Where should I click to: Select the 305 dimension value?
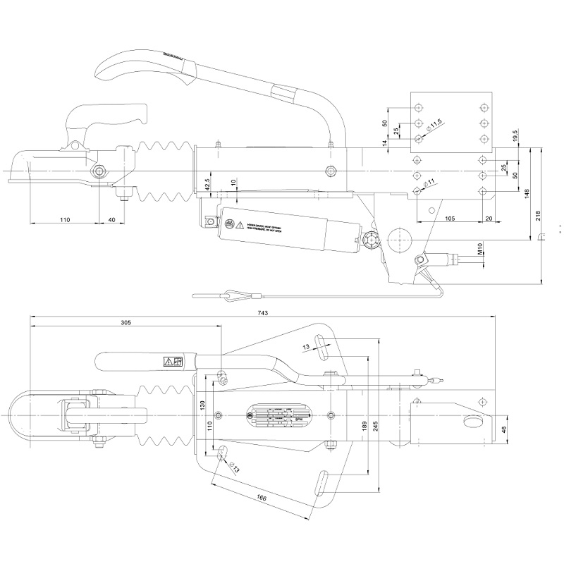pos(126,322)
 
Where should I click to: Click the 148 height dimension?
pos(528,192)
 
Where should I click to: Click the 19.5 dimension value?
pos(517,135)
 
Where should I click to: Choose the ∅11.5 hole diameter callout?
pos(435,125)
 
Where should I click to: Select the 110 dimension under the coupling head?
pos(64,220)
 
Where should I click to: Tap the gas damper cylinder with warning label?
pos(289,230)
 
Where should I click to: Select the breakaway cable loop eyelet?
pos(234,293)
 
